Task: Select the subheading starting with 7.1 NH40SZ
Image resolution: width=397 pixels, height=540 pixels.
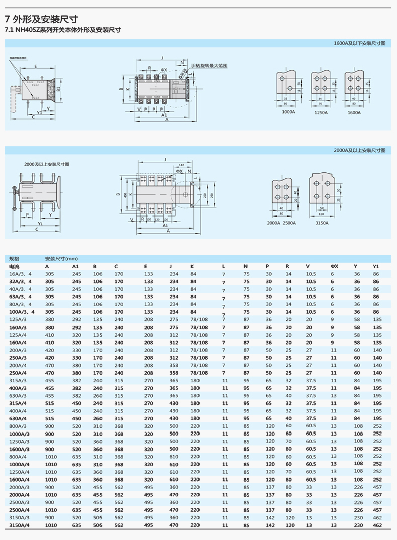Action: [62, 30]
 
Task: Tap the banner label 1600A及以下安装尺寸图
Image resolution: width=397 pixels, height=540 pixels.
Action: [359, 44]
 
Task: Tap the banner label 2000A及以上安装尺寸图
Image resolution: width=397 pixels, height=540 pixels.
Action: [359, 150]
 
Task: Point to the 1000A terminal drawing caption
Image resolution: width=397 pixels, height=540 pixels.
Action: [288, 112]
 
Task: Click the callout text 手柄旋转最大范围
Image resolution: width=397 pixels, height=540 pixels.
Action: [209, 66]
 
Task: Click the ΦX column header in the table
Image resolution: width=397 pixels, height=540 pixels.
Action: [334, 266]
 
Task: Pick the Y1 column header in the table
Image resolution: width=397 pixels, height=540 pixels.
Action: [376, 266]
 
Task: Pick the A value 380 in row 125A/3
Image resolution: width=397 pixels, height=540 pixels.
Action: [50, 319]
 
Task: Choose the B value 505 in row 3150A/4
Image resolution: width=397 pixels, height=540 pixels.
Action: [97, 525]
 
